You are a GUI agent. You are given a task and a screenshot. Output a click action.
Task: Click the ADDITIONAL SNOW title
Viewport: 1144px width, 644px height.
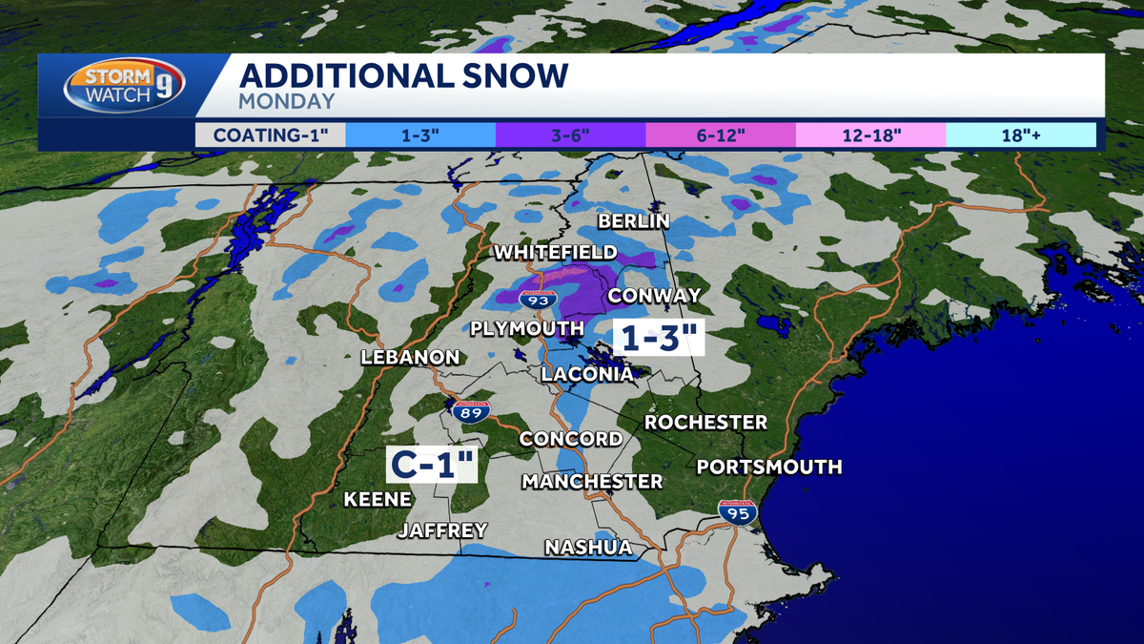[x=403, y=75]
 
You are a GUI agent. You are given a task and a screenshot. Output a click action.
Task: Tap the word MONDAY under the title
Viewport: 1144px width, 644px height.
[x=287, y=101]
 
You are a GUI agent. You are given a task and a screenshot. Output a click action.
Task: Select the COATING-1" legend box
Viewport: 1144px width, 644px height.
[x=271, y=135]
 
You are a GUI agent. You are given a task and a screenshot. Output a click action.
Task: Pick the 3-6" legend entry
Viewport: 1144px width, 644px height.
[x=570, y=135]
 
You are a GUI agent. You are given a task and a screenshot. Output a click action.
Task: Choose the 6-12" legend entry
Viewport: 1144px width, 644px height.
[x=720, y=135]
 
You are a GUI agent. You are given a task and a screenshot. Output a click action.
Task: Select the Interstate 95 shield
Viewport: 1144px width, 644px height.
[x=738, y=513]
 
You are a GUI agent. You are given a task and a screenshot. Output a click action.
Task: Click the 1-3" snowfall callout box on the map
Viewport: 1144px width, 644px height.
[x=659, y=338]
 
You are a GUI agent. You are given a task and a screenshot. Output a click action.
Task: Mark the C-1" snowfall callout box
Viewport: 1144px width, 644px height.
[x=431, y=465]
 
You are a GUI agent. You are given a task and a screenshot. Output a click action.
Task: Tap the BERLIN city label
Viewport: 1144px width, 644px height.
[x=633, y=221]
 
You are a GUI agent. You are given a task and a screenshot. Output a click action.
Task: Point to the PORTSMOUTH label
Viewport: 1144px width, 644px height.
[x=768, y=467]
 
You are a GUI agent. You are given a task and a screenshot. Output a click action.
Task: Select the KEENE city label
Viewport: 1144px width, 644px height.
[x=378, y=499]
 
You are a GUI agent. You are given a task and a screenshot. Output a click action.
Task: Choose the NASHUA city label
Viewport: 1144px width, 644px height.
[x=588, y=547]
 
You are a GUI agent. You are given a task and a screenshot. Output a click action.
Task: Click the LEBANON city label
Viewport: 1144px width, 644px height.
[x=410, y=358]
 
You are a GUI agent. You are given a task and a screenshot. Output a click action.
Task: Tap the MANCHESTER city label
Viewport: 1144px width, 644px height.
[x=591, y=481]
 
